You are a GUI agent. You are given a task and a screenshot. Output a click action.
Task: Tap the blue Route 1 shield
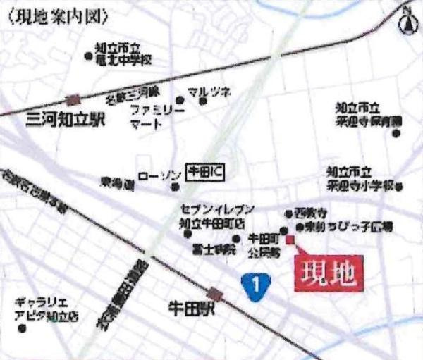tap(257, 285)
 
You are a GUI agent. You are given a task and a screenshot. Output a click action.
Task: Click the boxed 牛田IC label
tap(204, 170)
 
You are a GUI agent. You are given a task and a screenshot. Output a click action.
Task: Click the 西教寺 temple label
tap(312, 211)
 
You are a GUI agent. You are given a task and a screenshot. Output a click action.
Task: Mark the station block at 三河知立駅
tap(73, 100)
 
